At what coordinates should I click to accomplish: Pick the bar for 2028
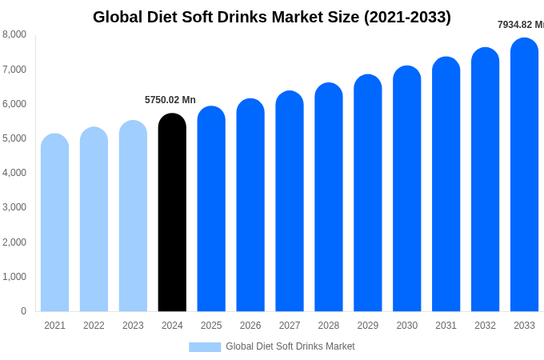[x=328, y=198]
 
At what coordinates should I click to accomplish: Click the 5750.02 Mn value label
[x=170, y=100]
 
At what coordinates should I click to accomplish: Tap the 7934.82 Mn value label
[x=520, y=25]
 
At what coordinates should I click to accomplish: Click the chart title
[x=272, y=17]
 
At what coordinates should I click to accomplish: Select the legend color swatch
[x=205, y=346]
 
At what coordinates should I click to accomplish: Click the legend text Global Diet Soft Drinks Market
[x=290, y=346]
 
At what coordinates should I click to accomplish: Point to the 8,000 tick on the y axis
[x=14, y=34]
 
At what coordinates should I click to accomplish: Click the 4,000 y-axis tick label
[x=14, y=173]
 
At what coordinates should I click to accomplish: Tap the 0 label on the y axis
[x=23, y=311]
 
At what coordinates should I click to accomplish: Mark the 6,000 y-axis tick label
[x=14, y=104]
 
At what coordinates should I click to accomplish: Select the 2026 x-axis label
[x=250, y=326]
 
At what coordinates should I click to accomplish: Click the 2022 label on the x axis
[x=94, y=326]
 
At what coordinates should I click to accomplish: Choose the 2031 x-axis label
[x=446, y=326]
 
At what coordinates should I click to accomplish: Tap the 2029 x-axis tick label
[x=367, y=326]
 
